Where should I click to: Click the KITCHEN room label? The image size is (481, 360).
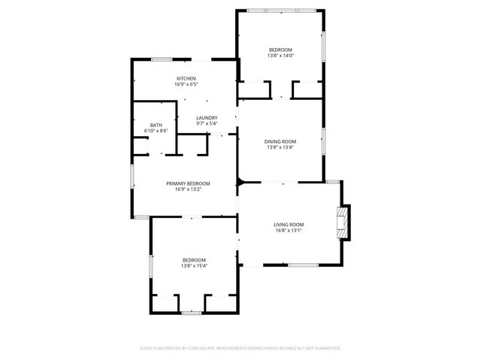click(x=186, y=79)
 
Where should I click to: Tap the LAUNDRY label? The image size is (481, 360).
click(x=207, y=118)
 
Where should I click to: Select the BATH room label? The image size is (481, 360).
click(x=156, y=126)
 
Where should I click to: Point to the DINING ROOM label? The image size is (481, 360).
click(x=280, y=141)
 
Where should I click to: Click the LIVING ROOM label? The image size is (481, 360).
click(x=288, y=225)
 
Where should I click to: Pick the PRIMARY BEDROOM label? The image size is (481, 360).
click(x=188, y=183)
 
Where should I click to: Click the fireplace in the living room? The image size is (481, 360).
click(x=343, y=222)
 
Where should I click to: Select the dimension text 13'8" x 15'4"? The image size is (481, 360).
click(x=193, y=265)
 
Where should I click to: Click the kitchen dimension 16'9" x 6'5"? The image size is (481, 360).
click(x=186, y=85)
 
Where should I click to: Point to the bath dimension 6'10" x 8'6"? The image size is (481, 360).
click(x=156, y=132)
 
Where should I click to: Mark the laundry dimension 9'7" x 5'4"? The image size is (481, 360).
click(x=207, y=124)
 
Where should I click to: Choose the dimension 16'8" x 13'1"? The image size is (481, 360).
click(x=288, y=231)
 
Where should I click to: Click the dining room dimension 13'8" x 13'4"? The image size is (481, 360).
click(x=280, y=147)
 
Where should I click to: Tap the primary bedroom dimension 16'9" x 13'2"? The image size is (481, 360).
click(x=188, y=189)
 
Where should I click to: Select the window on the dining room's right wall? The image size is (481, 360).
click(x=324, y=141)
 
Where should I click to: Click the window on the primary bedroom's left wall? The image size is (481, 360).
click(x=132, y=177)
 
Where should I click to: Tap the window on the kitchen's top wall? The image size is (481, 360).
click(x=162, y=59)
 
